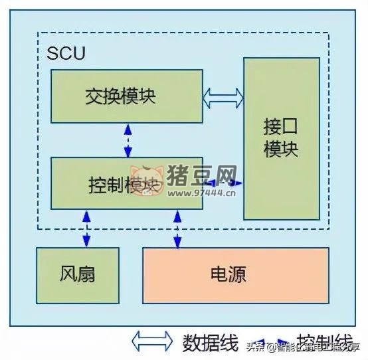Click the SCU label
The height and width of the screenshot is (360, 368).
(66, 54)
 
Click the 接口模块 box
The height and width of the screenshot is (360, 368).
(281, 138)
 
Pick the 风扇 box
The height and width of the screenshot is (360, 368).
(78, 274)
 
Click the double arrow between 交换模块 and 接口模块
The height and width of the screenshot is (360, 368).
(223, 98)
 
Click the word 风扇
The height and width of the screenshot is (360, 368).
(78, 274)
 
